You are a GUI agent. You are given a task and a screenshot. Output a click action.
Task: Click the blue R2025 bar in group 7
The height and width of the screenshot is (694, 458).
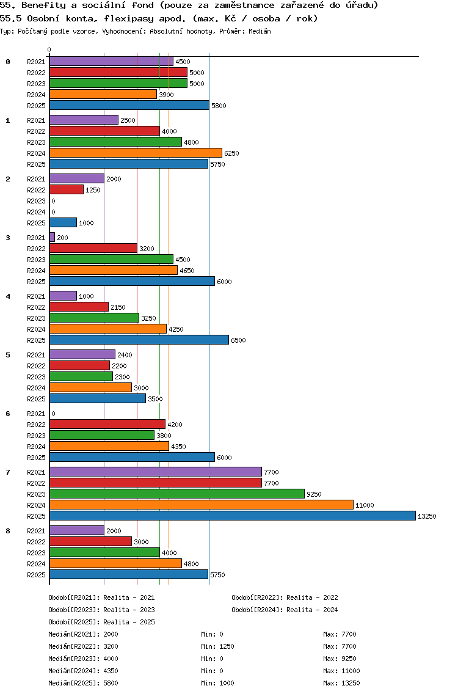(x=232, y=516)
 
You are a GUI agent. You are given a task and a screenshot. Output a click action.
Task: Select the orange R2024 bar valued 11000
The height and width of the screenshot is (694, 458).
(x=201, y=505)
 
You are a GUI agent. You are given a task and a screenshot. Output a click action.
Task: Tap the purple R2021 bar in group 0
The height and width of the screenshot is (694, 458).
(x=111, y=61)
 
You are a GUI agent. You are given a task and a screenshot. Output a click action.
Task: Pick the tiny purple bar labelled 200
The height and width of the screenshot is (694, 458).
(x=52, y=237)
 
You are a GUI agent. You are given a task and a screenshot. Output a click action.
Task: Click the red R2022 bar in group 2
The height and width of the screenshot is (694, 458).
(x=66, y=189)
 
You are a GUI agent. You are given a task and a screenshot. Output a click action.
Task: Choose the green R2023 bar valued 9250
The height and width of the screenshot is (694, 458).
(x=176, y=494)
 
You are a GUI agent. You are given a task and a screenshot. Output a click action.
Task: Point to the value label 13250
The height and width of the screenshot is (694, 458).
(x=426, y=516)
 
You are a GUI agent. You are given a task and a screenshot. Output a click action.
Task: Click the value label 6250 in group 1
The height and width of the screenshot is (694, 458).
(x=231, y=153)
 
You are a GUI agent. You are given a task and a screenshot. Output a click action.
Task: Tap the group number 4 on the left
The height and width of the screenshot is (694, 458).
(x=8, y=296)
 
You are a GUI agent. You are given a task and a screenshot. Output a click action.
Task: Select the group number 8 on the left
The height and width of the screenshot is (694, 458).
(x=8, y=531)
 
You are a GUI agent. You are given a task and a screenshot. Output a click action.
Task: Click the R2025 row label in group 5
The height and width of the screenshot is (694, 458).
(x=36, y=399)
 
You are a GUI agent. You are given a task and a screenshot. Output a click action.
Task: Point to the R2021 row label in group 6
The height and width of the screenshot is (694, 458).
(x=36, y=414)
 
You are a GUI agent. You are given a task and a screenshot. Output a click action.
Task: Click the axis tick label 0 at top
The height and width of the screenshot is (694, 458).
(x=49, y=49)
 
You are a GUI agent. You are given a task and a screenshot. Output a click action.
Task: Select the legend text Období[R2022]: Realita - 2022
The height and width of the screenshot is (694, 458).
(x=285, y=597)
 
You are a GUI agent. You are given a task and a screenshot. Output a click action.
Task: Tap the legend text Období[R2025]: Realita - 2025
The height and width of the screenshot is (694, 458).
(x=101, y=622)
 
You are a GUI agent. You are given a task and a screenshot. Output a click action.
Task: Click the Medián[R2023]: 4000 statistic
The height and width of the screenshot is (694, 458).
(x=83, y=659)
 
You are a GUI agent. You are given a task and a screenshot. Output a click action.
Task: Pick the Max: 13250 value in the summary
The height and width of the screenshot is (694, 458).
(x=341, y=683)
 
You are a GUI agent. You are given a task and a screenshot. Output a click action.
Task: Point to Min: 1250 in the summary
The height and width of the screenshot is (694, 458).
(x=217, y=646)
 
